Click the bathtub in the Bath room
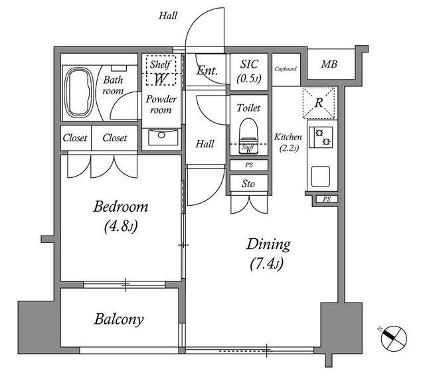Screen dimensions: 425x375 pos(78,93)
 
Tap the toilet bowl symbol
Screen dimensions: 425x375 pos(248,136)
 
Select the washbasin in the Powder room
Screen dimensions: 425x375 pos(161,137)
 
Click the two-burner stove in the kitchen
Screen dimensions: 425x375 pos(323,137)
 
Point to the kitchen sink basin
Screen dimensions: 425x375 pos(321,176)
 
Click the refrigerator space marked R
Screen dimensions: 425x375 pos(319,103)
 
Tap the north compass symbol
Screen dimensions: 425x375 pos(393,338)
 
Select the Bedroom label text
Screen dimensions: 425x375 pos(121,206)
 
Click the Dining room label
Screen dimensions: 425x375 pos(268,244)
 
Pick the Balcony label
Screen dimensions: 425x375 pos(119,319)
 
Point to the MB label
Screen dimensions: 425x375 pos(329,64)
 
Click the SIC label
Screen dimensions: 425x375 pos(249,64)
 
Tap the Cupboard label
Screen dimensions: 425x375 pos(286,69)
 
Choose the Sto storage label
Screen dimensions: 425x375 pos(248,184)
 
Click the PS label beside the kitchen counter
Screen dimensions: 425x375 pos(327,199)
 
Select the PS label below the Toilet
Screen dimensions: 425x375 pos(249,165)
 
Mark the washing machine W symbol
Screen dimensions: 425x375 pos(161,79)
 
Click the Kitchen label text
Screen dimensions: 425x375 pos(288,137)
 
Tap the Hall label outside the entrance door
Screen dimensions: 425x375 pos(168,16)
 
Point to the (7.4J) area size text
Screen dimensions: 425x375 pos(267,263)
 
